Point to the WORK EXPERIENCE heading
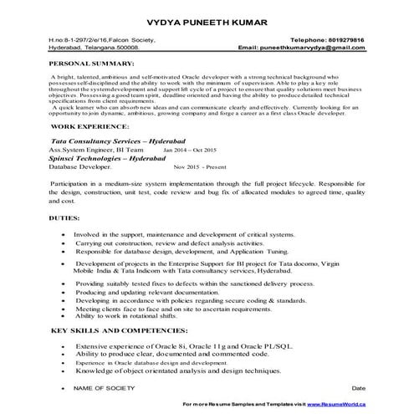[87, 125]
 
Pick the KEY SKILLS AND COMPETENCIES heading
[117, 332]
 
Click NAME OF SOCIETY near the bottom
[105, 389]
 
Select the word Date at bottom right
[359, 389]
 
